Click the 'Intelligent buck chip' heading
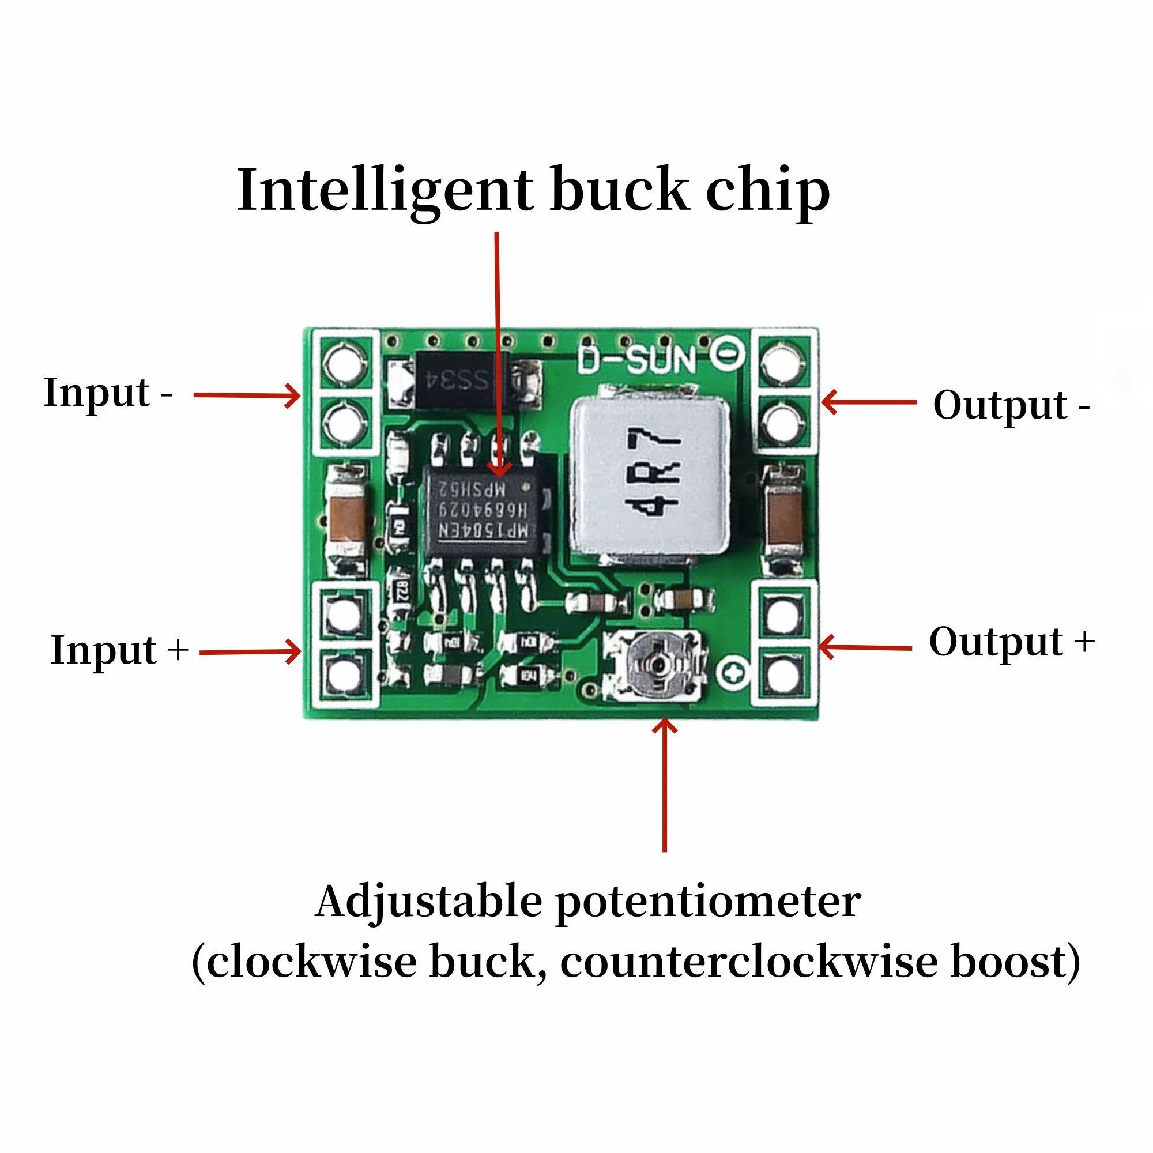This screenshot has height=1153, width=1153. (533, 190)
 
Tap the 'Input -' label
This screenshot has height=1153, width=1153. (107, 393)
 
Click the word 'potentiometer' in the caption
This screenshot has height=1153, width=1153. (709, 902)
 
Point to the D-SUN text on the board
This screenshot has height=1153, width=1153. (637, 360)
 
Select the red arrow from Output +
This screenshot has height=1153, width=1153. (865, 647)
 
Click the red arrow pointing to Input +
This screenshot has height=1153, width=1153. (250, 651)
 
